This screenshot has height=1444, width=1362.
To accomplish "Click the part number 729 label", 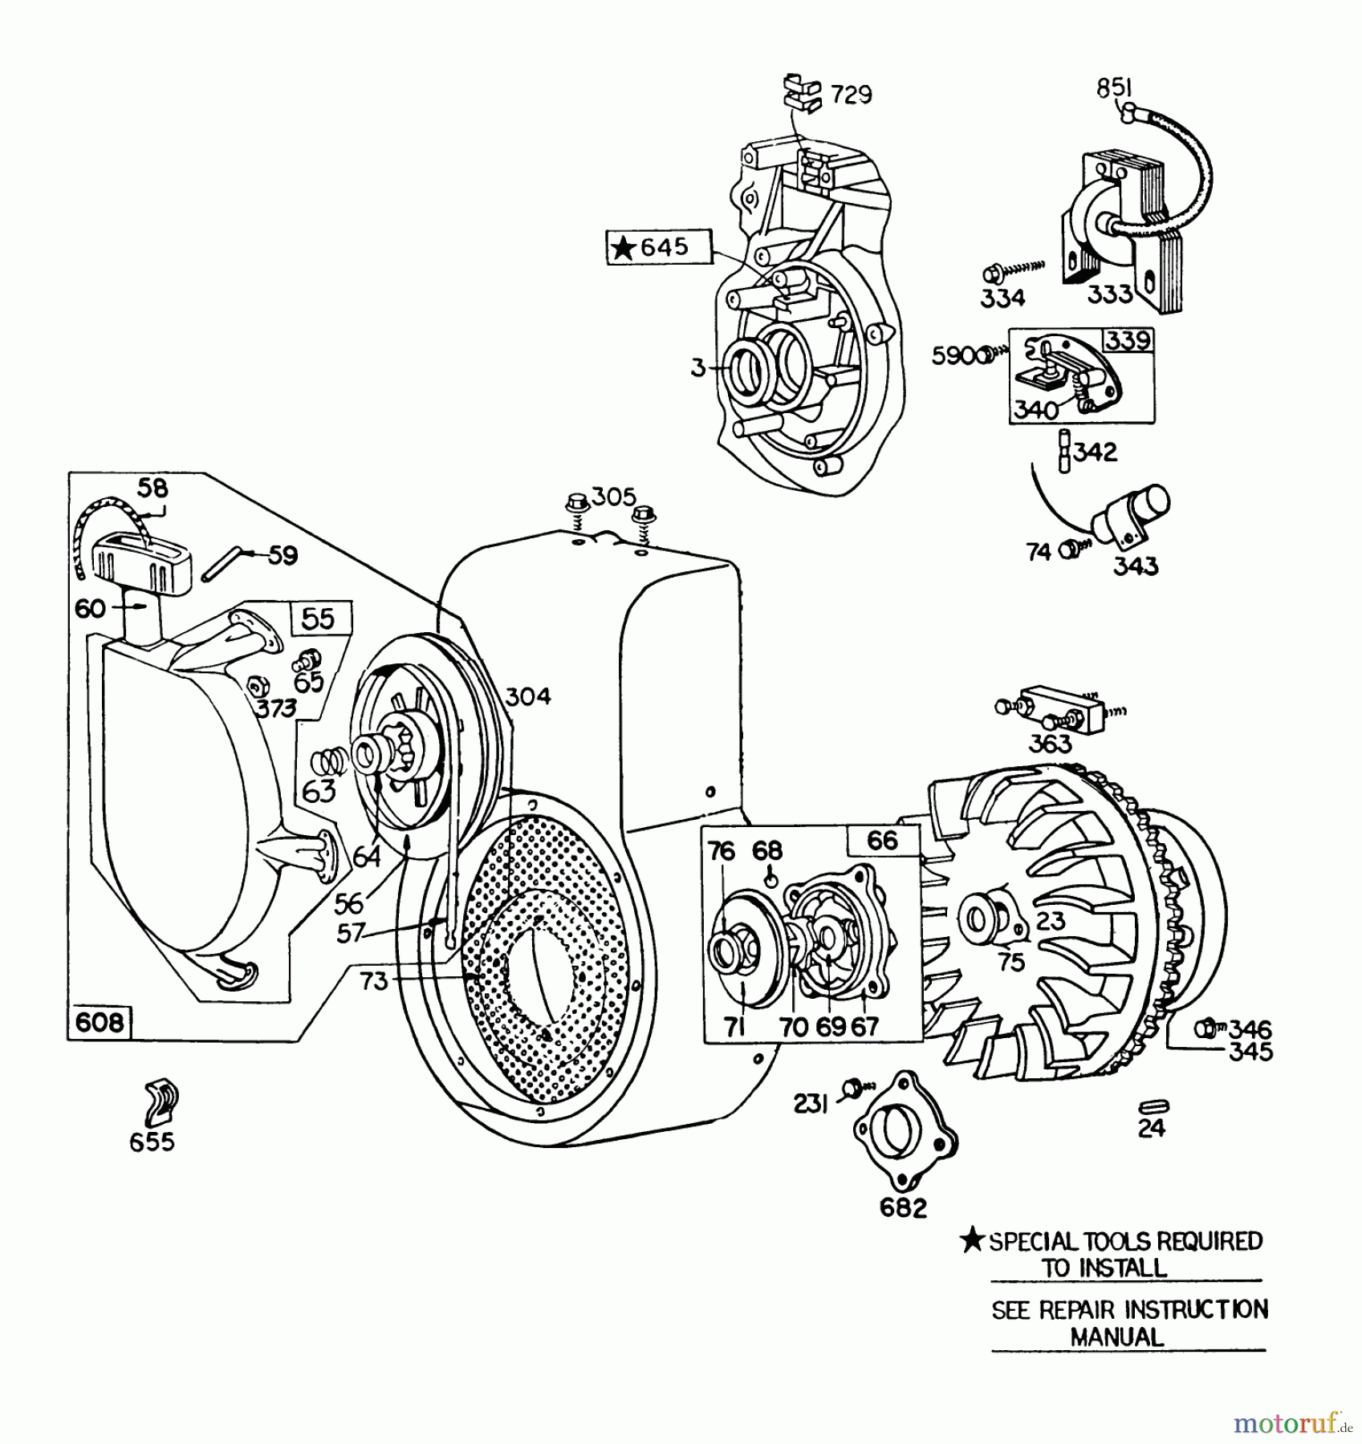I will [851, 95].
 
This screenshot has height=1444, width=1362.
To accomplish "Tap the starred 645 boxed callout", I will [659, 246].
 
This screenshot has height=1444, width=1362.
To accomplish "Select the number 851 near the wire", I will [1114, 88].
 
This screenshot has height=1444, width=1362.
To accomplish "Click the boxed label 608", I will [100, 1022].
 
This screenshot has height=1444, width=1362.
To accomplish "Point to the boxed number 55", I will [318, 619].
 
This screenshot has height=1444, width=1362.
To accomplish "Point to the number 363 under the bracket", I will [1050, 744].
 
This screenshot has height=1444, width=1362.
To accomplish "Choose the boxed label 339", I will [1128, 340].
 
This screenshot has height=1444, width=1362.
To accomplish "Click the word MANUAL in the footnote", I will [1116, 1337].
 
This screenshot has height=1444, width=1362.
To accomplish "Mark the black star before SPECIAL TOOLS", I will [973, 1241].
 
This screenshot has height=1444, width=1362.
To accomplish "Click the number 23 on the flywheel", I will [1050, 920].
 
